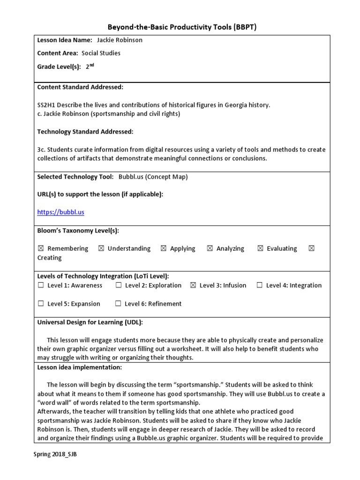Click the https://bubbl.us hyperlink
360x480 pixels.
(x=60, y=212)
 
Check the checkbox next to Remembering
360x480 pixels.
(x=41, y=248)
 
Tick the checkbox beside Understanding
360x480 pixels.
(x=101, y=248)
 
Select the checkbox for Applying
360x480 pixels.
(x=163, y=248)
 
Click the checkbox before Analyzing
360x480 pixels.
(x=210, y=248)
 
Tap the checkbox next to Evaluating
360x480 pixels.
(x=260, y=248)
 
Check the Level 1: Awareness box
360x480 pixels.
(x=41, y=285)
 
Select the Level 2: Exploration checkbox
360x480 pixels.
(x=119, y=285)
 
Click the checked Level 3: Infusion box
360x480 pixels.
(x=193, y=285)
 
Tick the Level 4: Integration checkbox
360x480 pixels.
(x=259, y=285)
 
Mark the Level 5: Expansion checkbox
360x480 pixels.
(x=41, y=304)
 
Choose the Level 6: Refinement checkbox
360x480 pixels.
(x=119, y=304)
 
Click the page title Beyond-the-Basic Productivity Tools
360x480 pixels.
(x=180, y=27)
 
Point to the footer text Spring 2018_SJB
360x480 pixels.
(x=55, y=455)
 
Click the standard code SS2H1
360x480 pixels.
(x=46, y=105)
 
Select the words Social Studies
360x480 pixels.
(x=101, y=53)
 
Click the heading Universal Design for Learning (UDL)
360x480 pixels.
(x=90, y=322)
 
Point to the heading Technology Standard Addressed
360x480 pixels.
(x=85, y=132)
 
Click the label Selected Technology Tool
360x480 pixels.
(x=75, y=177)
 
